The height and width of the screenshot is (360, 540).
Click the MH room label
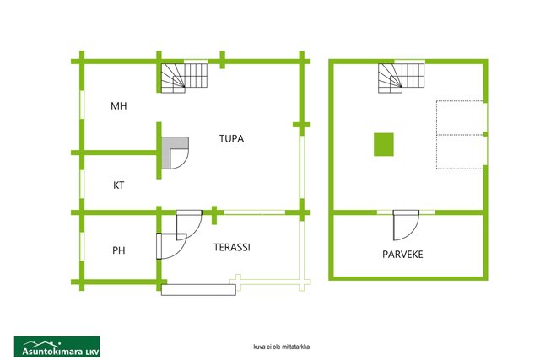119,105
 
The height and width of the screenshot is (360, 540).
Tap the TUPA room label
231,139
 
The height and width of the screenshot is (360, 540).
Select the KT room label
118,185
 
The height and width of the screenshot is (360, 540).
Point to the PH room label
119,250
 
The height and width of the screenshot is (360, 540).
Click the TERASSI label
232,247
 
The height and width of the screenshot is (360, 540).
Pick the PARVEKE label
402,255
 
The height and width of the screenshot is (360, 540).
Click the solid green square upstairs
384,144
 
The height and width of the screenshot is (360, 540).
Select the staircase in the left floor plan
185,78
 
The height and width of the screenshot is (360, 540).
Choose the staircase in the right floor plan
402,78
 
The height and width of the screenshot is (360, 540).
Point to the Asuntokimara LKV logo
57,347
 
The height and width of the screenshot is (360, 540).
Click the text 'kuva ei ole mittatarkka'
281,347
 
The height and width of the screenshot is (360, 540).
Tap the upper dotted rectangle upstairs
460,118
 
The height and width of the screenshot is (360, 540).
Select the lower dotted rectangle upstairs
460,152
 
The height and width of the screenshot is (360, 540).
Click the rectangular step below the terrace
199,290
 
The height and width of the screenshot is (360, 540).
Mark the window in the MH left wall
82,105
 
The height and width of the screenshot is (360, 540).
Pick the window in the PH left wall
82,247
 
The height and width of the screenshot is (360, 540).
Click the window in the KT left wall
82,184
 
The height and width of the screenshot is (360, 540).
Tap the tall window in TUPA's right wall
302,167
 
